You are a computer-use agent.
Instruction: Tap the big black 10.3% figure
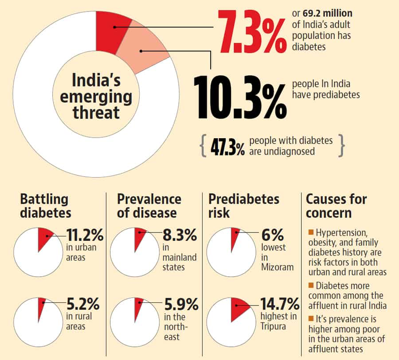tap(240, 97)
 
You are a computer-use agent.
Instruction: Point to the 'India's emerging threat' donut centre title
tap(96, 97)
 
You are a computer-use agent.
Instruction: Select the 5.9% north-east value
tap(180, 305)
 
